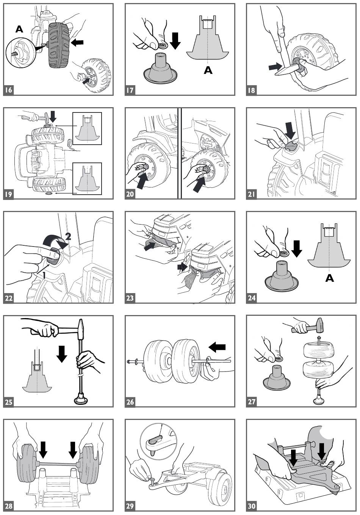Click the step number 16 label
pos(8,90)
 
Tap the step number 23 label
pos(130,298)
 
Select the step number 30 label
pos(251,506)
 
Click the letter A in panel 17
pos(208,70)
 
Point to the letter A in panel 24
pos(330,278)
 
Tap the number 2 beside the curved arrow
pos(68,236)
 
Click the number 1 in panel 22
pos(44,275)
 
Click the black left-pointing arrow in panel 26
pos(217,347)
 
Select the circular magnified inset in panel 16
pos(21,55)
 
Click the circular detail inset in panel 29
pos(159,438)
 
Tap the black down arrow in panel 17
pos(175,41)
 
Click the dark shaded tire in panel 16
pos(59,45)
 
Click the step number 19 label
pos(8,194)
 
